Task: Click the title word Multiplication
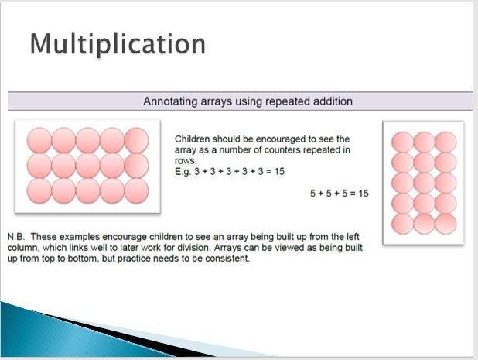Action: coord(118,44)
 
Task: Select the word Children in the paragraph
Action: coord(193,139)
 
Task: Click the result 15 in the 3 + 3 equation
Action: coord(279,171)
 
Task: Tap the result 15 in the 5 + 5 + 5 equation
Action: coord(364,194)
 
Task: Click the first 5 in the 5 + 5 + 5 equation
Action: coord(312,194)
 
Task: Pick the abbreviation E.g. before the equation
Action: coord(183,172)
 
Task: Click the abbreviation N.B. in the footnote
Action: coord(15,237)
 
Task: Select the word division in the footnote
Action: coord(195,248)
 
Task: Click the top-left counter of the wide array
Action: coord(39,140)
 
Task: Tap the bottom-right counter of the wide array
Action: coord(137,191)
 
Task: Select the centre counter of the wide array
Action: coord(88,166)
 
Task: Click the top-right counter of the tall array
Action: coord(446,142)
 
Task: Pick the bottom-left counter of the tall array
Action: coord(403,224)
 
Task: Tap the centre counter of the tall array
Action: coord(424,183)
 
